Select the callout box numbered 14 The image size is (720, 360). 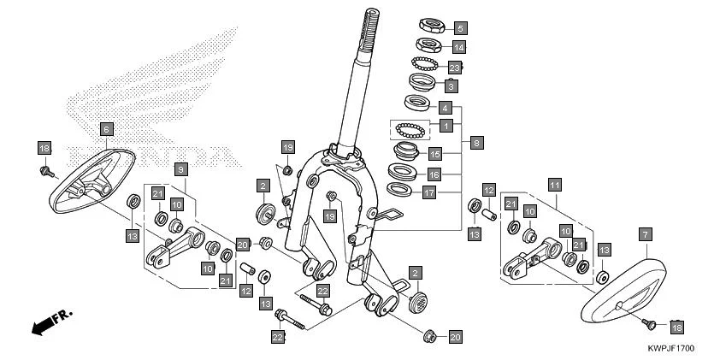click(x=459, y=47)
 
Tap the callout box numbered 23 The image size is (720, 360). click(x=454, y=68)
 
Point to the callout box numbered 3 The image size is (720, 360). click(x=451, y=86)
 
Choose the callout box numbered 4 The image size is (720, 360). click(x=445, y=109)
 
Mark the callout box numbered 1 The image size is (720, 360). click(x=445, y=125)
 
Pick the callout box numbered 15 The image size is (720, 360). click(x=434, y=155)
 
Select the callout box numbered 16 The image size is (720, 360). click(x=434, y=174)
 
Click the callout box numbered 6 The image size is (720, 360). click(x=106, y=129)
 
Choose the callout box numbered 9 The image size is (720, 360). click(x=181, y=169)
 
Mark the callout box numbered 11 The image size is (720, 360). click(x=554, y=185)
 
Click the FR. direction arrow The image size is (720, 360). click(x=51, y=322)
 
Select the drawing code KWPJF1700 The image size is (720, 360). click(x=670, y=349)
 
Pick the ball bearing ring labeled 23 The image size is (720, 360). click(x=425, y=65)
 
